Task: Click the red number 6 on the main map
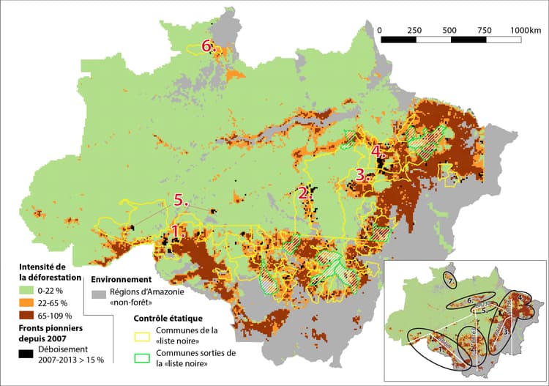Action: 207,45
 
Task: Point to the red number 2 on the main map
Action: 303,193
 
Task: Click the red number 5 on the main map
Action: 181,199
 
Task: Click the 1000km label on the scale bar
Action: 525,29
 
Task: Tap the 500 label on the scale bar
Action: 450,29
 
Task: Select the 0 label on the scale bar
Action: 381,29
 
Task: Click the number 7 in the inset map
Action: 450,281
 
